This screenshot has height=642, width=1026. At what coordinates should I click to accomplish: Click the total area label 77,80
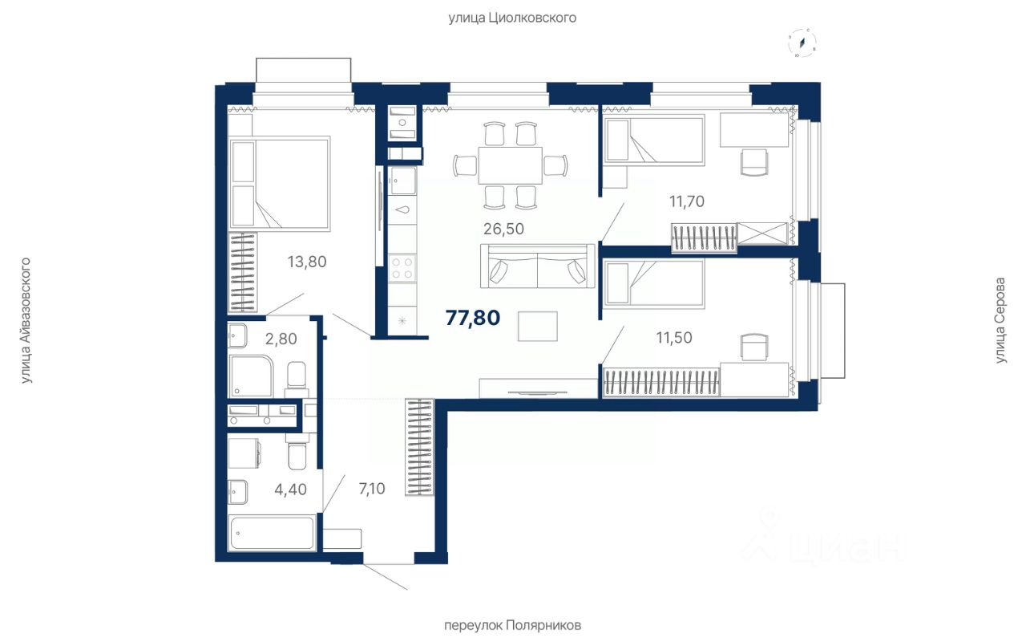pos(473,318)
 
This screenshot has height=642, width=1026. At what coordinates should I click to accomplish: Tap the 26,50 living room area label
pos(503,229)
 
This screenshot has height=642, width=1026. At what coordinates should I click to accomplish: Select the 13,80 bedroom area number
pos(307,262)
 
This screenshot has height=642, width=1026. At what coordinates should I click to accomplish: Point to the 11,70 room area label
pos(687,201)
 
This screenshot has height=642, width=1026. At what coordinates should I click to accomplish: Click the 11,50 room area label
pos(674,338)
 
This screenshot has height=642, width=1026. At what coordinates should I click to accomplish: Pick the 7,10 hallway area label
pos(371,489)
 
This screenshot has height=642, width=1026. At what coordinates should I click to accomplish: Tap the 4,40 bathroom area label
pos(290,490)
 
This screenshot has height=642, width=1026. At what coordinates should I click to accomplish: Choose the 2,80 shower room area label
pos(281,339)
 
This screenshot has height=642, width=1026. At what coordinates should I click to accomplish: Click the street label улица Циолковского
pos(512,18)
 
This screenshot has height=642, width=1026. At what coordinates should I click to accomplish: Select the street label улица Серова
pos(1000,320)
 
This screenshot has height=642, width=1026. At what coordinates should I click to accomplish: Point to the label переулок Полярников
pos(512,625)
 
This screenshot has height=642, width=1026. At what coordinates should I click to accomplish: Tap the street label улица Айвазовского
pos(25,320)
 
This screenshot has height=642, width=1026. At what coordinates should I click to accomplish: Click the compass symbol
pos(802,43)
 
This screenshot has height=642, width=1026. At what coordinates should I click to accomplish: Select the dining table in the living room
pos(511,165)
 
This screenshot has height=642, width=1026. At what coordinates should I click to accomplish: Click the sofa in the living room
pos(538,266)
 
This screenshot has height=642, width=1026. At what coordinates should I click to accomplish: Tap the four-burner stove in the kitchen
pos(402,268)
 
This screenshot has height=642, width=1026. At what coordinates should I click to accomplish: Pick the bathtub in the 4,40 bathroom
pos(273,532)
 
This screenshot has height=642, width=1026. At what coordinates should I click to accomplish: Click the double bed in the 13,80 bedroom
pos(280,183)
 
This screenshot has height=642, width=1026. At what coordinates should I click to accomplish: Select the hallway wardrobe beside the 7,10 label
pos(419,447)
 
